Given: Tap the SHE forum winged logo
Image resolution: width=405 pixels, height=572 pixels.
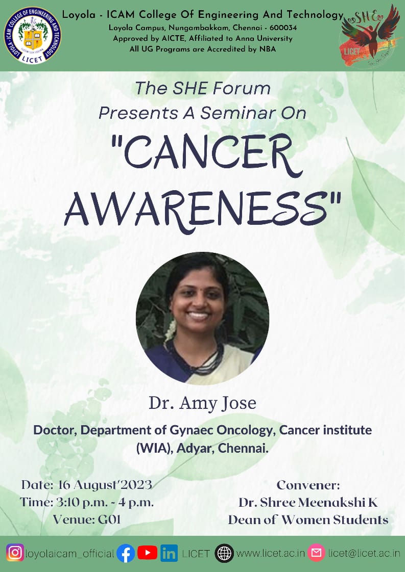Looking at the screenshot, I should tap(371, 34).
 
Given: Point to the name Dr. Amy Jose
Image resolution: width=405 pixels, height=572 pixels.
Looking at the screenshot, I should tap(202, 403).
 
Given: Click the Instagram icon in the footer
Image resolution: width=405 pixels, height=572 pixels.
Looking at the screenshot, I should tap(15, 553).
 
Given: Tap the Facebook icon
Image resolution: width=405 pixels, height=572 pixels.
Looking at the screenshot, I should tap(126, 553).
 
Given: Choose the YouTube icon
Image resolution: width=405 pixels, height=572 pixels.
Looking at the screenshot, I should tap(147, 553).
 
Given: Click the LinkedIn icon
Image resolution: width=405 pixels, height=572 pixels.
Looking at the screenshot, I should tap(169, 553).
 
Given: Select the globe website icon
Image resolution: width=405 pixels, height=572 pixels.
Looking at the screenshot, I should tap(224, 553).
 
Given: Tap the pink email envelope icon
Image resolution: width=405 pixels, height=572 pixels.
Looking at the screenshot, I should tap(316, 553).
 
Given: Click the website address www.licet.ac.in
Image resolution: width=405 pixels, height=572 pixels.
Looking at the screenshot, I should tap(271, 553).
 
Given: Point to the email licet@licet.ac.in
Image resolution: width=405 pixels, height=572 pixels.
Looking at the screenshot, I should tap(364, 553).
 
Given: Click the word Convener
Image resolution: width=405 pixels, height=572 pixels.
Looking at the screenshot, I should tap(308, 485).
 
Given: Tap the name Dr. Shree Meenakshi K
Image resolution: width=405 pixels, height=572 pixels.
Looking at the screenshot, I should tap(308, 503).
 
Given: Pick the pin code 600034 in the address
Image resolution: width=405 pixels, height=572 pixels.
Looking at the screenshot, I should tap(280, 28).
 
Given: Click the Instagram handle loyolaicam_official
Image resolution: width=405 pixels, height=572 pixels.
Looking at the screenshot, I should tap(70, 553).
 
